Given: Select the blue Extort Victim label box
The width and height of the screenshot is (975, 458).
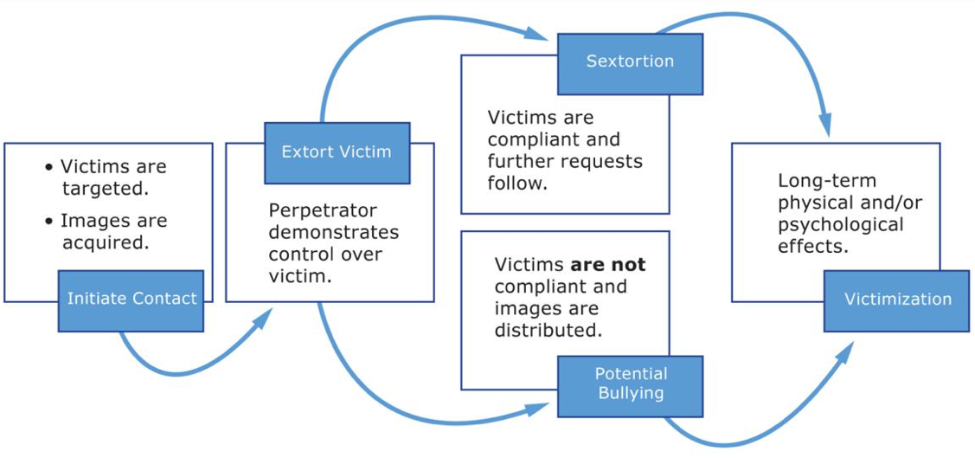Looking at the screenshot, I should point(337,152).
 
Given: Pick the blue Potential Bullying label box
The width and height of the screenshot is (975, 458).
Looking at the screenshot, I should point(630,384).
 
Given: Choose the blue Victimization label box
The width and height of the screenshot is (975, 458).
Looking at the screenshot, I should point(896,300).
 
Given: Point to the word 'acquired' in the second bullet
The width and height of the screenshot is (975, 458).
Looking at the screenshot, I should point(104,243).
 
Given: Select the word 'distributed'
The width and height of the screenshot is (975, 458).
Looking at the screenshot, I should point(546,330).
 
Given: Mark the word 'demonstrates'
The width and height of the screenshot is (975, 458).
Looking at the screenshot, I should point(333,232).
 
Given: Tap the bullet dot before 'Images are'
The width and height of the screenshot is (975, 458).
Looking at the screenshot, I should point(48,222).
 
